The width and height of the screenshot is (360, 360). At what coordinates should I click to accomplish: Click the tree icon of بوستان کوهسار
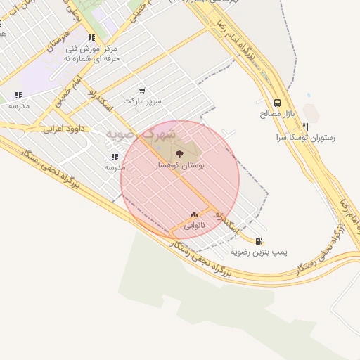179,152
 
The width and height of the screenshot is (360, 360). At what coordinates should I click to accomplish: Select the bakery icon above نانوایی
194,214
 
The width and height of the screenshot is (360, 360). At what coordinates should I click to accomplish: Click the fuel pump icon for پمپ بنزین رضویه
259,240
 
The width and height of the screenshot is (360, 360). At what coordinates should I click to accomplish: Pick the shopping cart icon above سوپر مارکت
143,91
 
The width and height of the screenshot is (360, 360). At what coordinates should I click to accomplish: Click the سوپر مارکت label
143,101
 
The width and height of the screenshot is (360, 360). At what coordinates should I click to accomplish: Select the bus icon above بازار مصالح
277,102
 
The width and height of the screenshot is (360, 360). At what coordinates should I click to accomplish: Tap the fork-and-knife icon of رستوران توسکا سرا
304,127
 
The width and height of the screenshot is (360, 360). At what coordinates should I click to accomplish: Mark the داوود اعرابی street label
63,129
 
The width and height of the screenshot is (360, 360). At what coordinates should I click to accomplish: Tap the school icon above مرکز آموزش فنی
91,38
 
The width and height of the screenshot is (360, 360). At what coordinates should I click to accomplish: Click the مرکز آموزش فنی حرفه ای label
89,53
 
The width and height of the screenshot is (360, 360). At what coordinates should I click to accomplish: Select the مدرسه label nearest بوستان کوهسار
115,167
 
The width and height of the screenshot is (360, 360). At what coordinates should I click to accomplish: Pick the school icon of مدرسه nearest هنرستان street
18,95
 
